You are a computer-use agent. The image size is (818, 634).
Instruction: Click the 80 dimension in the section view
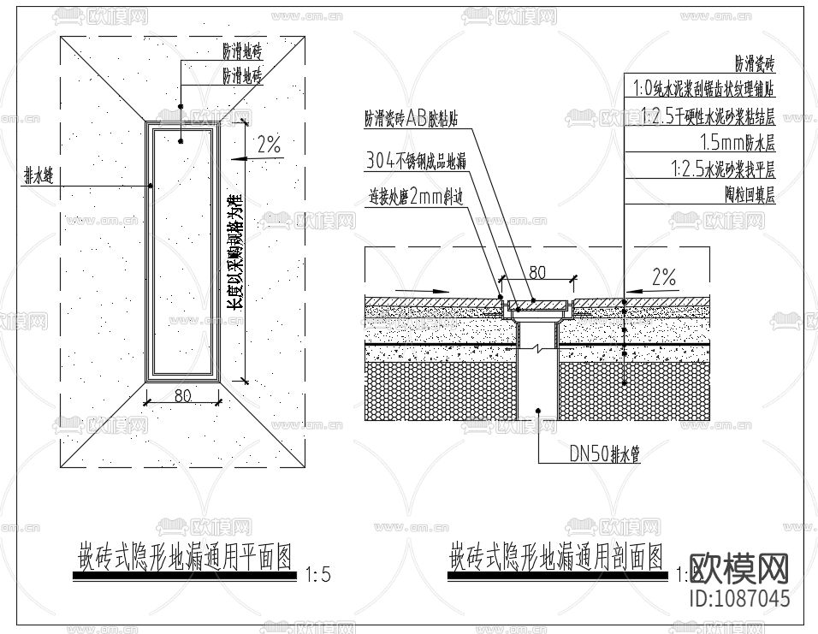pyautogui.click(x=536, y=273)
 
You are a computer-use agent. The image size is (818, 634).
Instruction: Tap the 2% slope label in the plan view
pyautogui.click(x=269, y=145)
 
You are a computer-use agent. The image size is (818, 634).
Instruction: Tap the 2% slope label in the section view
pyautogui.click(x=663, y=276)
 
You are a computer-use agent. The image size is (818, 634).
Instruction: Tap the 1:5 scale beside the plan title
pyautogui.click(x=317, y=575)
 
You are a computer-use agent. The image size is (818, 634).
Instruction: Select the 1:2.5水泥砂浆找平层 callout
pyautogui.click(x=723, y=169)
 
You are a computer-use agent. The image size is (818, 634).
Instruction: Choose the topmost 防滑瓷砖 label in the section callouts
pyautogui.click(x=755, y=63)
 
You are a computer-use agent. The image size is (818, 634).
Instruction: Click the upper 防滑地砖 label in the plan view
pyautogui.click(x=242, y=52)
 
